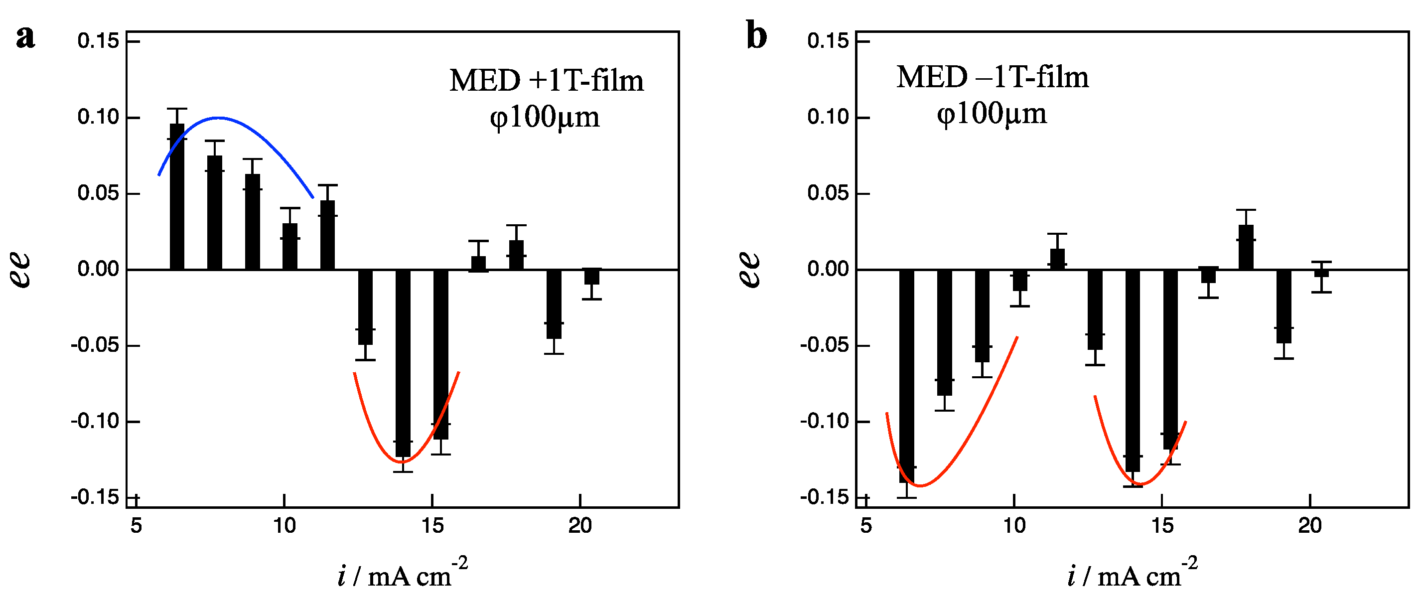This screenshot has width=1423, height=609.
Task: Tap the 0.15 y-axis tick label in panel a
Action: click(98, 41)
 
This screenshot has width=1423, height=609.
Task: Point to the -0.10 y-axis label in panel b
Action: click(824, 422)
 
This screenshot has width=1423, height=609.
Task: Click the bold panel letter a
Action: click(25, 37)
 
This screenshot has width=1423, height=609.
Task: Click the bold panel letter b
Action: click(756, 36)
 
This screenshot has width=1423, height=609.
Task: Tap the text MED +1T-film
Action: click(546, 81)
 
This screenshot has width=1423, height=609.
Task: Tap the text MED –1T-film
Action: click(992, 77)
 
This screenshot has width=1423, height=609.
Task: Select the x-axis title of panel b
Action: click(1133, 575)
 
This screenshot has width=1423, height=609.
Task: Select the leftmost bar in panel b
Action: click(906, 376)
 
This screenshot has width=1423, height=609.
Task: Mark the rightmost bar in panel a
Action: click(591, 276)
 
